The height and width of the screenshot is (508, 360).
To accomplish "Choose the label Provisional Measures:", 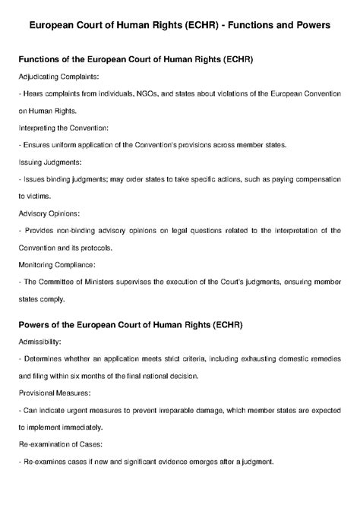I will click(57, 394).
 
